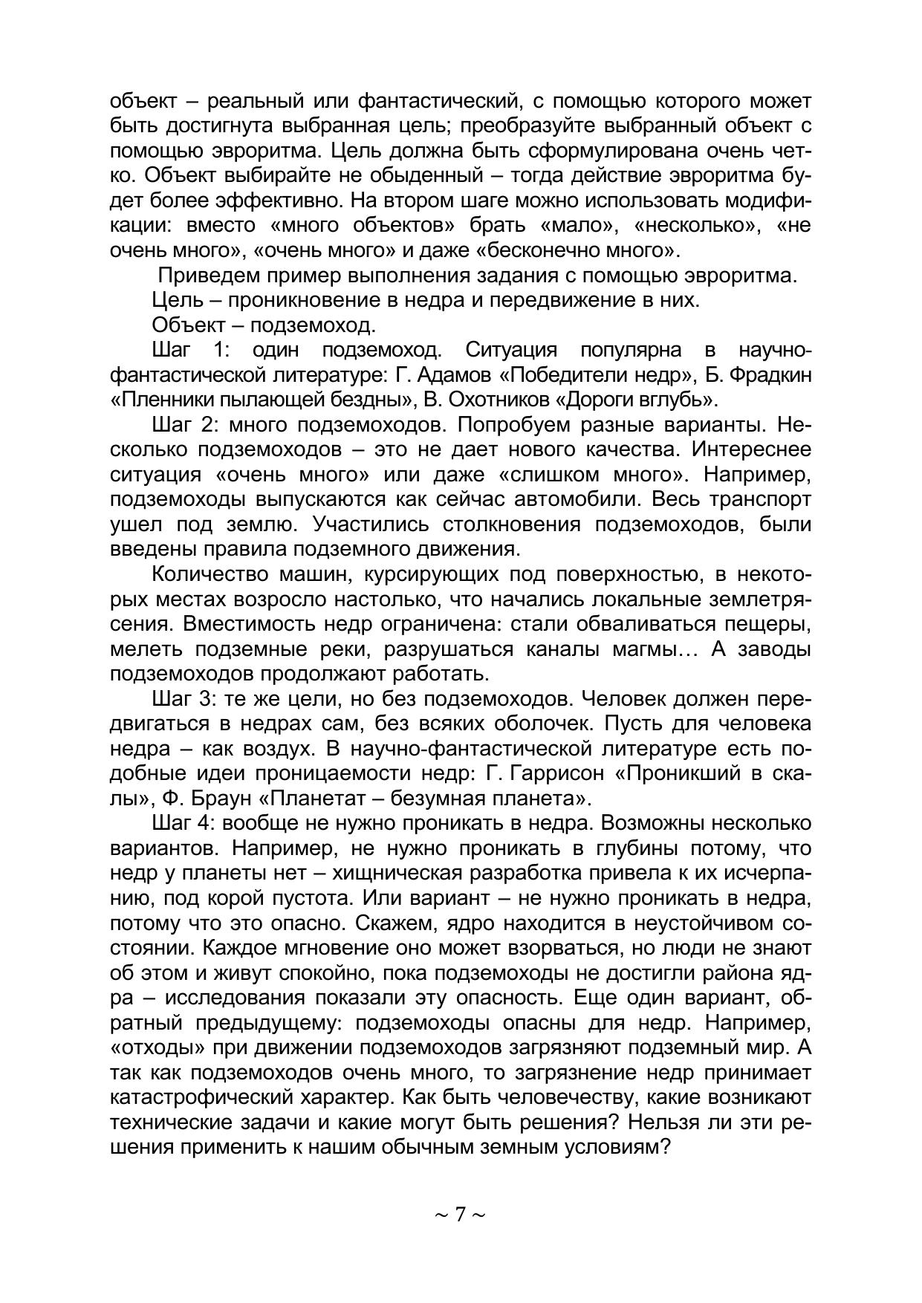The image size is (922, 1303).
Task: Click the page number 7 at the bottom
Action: coord(460,1215)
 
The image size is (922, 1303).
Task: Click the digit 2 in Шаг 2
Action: coord(217,425)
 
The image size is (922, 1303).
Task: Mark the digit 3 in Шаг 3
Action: coord(217,699)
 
